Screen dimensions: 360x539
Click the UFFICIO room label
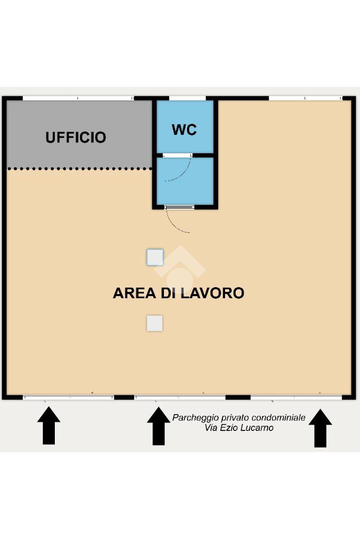pyautogui.click(x=76, y=138)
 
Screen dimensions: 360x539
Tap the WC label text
pyautogui.click(x=184, y=130)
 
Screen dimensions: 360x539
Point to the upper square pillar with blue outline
pyautogui.click(x=155, y=257)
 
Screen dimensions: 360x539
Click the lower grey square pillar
pyautogui.click(x=155, y=323)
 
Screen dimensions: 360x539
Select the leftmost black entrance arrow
pyautogui.click(x=49, y=426)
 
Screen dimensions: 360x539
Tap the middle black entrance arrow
pyautogui.click(x=159, y=426)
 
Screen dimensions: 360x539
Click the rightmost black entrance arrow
pyautogui.click(x=320, y=428)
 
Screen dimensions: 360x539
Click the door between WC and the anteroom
pyautogui.click(x=178, y=156)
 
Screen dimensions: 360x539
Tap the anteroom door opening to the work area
pyautogui.click(x=179, y=207)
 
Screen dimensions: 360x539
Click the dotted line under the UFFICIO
pyautogui.click(x=80, y=169)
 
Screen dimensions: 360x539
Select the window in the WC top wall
pyautogui.click(x=188, y=99)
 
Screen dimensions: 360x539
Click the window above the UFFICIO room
pyautogui.click(x=78, y=99)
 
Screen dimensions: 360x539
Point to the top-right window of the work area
pyautogui.click(x=305, y=99)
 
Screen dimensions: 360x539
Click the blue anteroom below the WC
pyautogui.click(x=186, y=181)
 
